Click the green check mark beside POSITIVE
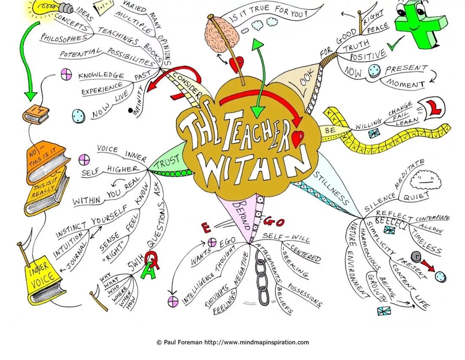[x=396, y=44]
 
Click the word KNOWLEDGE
[x=101, y=76]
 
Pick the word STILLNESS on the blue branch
[x=332, y=188]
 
